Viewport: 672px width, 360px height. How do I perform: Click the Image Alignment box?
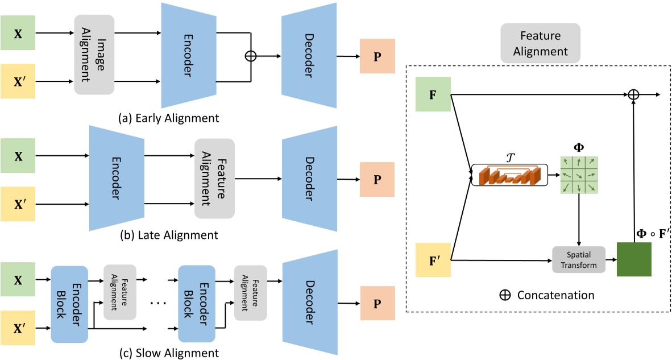(94, 55)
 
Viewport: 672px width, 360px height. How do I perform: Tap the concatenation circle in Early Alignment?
(251, 56)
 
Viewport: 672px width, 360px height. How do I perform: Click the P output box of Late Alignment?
(377, 179)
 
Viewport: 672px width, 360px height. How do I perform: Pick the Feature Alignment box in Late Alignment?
(214, 178)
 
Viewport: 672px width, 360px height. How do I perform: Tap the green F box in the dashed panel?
(433, 94)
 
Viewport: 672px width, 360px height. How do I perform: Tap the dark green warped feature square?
(634, 259)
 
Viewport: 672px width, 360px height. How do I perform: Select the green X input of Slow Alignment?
(18, 279)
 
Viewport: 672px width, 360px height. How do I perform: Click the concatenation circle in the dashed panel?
(634, 94)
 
